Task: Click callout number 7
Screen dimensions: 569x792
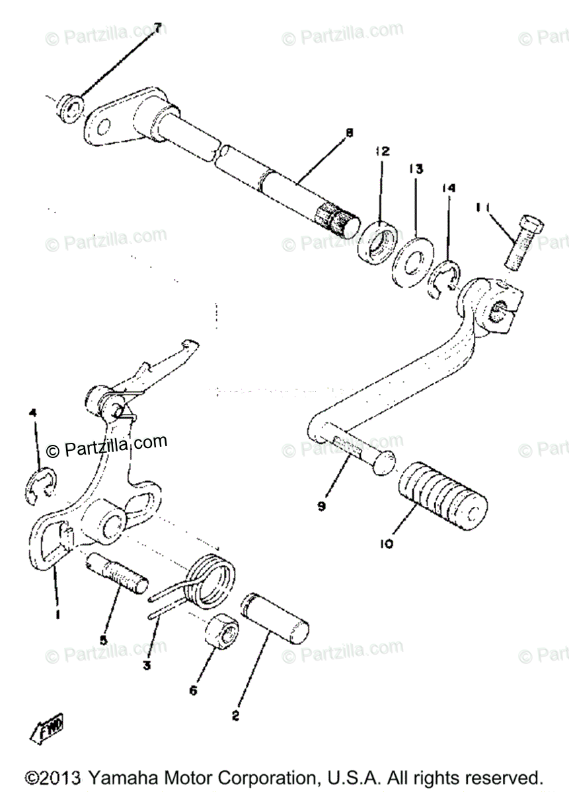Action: click(x=157, y=28)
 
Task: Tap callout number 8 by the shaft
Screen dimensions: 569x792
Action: click(x=348, y=133)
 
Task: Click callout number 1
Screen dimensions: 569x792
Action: click(x=57, y=614)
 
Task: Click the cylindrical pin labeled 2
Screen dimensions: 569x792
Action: click(x=276, y=615)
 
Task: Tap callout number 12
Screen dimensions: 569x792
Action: click(x=382, y=151)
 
